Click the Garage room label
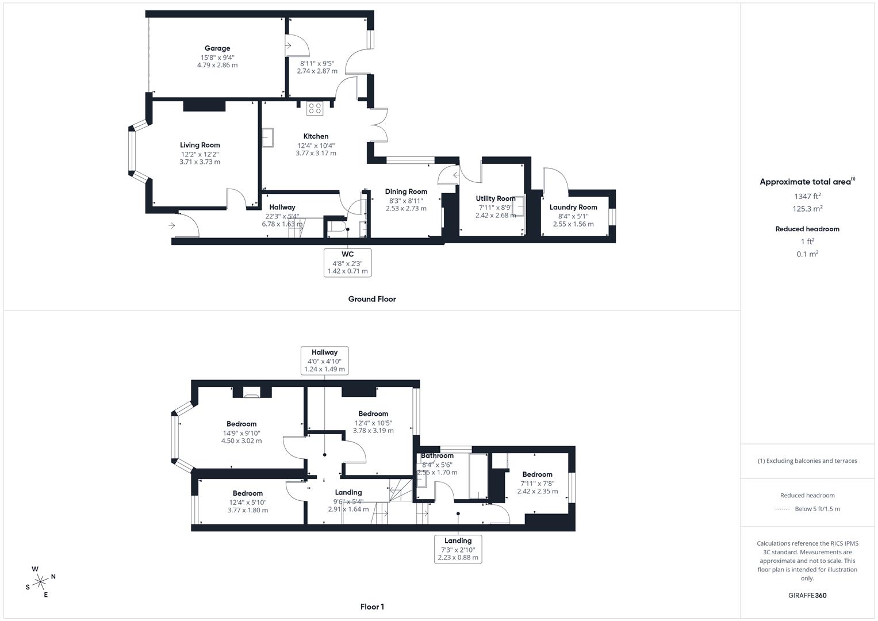(x=217, y=48)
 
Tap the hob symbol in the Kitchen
(x=315, y=108)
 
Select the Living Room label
(x=200, y=145)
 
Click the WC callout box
(x=348, y=263)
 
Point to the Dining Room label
(x=406, y=191)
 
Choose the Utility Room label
(x=496, y=198)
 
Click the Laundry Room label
(x=573, y=207)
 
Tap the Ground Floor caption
(x=372, y=299)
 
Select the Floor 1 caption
(x=372, y=607)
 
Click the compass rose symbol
(x=40, y=582)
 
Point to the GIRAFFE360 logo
(x=807, y=595)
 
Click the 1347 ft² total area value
(x=807, y=196)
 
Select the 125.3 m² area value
(x=807, y=209)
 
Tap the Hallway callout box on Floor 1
(x=325, y=361)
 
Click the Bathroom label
(x=438, y=455)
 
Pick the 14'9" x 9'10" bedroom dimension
(x=241, y=433)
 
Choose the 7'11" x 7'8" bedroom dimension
(x=537, y=484)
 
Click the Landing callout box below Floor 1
(x=458, y=549)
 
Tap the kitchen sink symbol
(x=268, y=137)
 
